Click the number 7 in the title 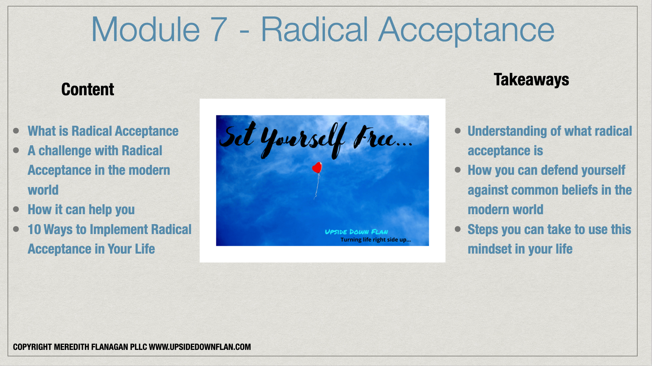[x=216, y=29]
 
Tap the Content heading [x=88, y=89]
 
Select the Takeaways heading [x=531, y=80]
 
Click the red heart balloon [x=317, y=167]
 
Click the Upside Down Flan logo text [x=356, y=232]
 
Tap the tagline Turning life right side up [x=376, y=240]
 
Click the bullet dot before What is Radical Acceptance [x=16, y=131]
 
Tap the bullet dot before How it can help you [x=16, y=209]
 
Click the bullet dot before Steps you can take [x=458, y=229]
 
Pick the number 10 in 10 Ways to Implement [x=34, y=230]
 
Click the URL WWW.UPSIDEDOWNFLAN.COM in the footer [x=200, y=347]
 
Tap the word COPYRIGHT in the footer [x=32, y=347]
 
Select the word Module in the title [x=146, y=29]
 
